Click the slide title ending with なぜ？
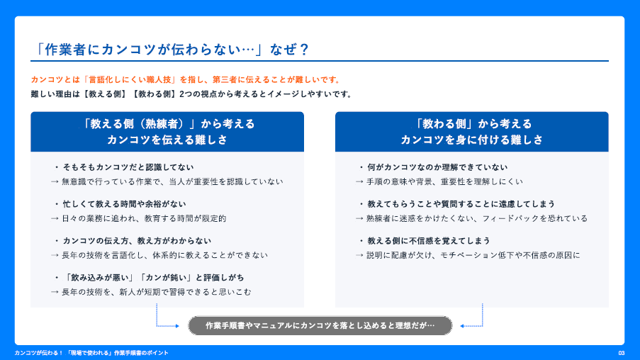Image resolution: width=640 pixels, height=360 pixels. [x=172, y=50]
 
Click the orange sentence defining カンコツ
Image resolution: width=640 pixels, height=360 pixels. [x=186, y=79]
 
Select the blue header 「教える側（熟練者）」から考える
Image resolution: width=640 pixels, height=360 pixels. [x=167, y=124]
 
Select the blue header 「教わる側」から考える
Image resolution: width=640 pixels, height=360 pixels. [x=472, y=124]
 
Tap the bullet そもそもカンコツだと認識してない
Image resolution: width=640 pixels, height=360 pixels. [x=125, y=167]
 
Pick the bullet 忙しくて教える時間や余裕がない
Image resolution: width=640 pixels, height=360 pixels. [x=120, y=204]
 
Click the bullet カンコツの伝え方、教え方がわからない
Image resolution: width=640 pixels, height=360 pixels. [x=133, y=241]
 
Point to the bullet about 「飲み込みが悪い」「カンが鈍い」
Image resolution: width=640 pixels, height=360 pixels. [x=150, y=278]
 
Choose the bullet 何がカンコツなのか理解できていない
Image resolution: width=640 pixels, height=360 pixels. [x=434, y=167]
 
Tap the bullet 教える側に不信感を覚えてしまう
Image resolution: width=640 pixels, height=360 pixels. [x=425, y=241]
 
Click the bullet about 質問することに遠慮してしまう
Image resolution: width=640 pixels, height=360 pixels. [x=457, y=204]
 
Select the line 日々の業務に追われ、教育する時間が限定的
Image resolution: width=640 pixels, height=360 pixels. [x=139, y=218]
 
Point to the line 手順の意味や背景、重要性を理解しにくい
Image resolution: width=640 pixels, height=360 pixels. [x=439, y=181]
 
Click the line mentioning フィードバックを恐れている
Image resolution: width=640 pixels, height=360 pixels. [x=471, y=218]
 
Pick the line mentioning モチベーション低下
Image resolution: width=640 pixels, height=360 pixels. [x=468, y=255]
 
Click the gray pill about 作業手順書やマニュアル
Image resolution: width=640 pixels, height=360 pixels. [x=320, y=326]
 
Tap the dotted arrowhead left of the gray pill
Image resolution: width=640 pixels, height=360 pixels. [x=177, y=326]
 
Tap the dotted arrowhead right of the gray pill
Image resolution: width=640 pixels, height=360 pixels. [x=462, y=326]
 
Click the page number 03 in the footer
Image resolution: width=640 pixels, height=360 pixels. [x=622, y=353]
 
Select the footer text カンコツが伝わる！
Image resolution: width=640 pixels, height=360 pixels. [x=39, y=353]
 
